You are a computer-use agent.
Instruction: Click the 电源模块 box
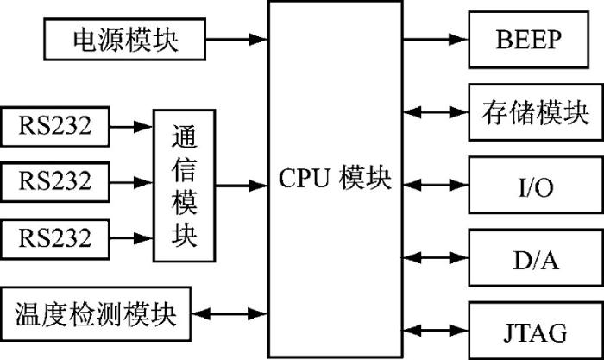(x=124, y=39)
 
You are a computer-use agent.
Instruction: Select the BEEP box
(x=528, y=40)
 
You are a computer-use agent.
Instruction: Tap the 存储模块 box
(x=536, y=112)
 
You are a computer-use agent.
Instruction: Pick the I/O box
(x=536, y=185)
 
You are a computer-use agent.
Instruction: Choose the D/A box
(x=536, y=258)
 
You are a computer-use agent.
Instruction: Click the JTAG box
(x=536, y=331)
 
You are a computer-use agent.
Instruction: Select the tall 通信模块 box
(x=184, y=186)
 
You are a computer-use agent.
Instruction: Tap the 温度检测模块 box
(x=96, y=313)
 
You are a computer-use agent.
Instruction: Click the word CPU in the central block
(x=305, y=178)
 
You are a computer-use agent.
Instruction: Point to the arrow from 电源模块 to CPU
(x=236, y=39)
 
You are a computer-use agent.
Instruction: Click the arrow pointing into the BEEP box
(x=436, y=39)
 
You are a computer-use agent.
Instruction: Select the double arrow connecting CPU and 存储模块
(x=436, y=112)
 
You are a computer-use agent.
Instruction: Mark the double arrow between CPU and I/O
(x=436, y=185)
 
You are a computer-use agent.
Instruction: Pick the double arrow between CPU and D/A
(x=436, y=257)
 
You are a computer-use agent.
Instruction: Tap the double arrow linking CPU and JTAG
(x=436, y=331)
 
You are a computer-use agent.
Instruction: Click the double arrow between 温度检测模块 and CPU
(x=230, y=313)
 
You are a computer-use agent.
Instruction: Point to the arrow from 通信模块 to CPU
(x=242, y=186)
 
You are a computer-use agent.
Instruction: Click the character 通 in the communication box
(x=184, y=136)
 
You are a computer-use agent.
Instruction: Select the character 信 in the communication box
(x=184, y=169)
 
